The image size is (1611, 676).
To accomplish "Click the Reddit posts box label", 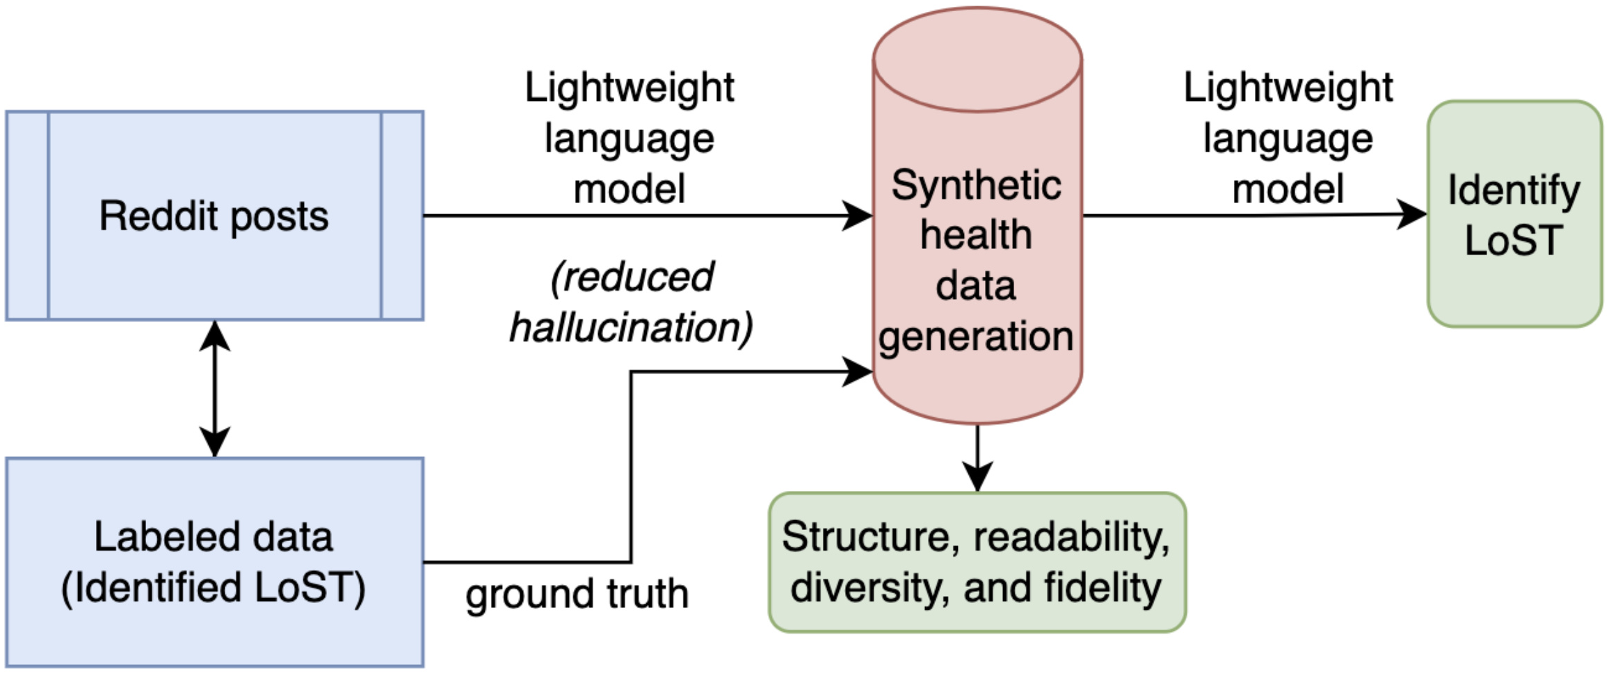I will tap(214, 216).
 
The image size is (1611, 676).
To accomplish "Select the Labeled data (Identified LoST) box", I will tap(214, 562).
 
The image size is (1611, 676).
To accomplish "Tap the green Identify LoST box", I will tap(1514, 214).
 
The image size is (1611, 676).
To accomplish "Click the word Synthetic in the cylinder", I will tap(976, 186).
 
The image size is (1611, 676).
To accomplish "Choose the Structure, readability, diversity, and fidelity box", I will tap(977, 562).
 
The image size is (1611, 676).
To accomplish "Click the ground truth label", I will tap(577, 594).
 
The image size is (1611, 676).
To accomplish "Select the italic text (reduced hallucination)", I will tap(631, 303).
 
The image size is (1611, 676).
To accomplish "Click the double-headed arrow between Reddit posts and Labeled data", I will tap(215, 389).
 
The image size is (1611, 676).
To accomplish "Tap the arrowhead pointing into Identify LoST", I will tap(1412, 214).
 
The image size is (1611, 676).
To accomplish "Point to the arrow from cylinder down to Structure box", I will tap(977, 459).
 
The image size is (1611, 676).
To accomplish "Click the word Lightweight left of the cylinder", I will tap(629, 88).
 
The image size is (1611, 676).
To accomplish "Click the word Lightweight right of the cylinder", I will tap(1288, 88).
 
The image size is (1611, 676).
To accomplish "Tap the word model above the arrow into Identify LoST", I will tap(1288, 189).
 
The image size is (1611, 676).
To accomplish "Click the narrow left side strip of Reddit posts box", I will tap(28, 216).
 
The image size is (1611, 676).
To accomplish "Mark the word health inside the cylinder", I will tap(976, 235).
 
